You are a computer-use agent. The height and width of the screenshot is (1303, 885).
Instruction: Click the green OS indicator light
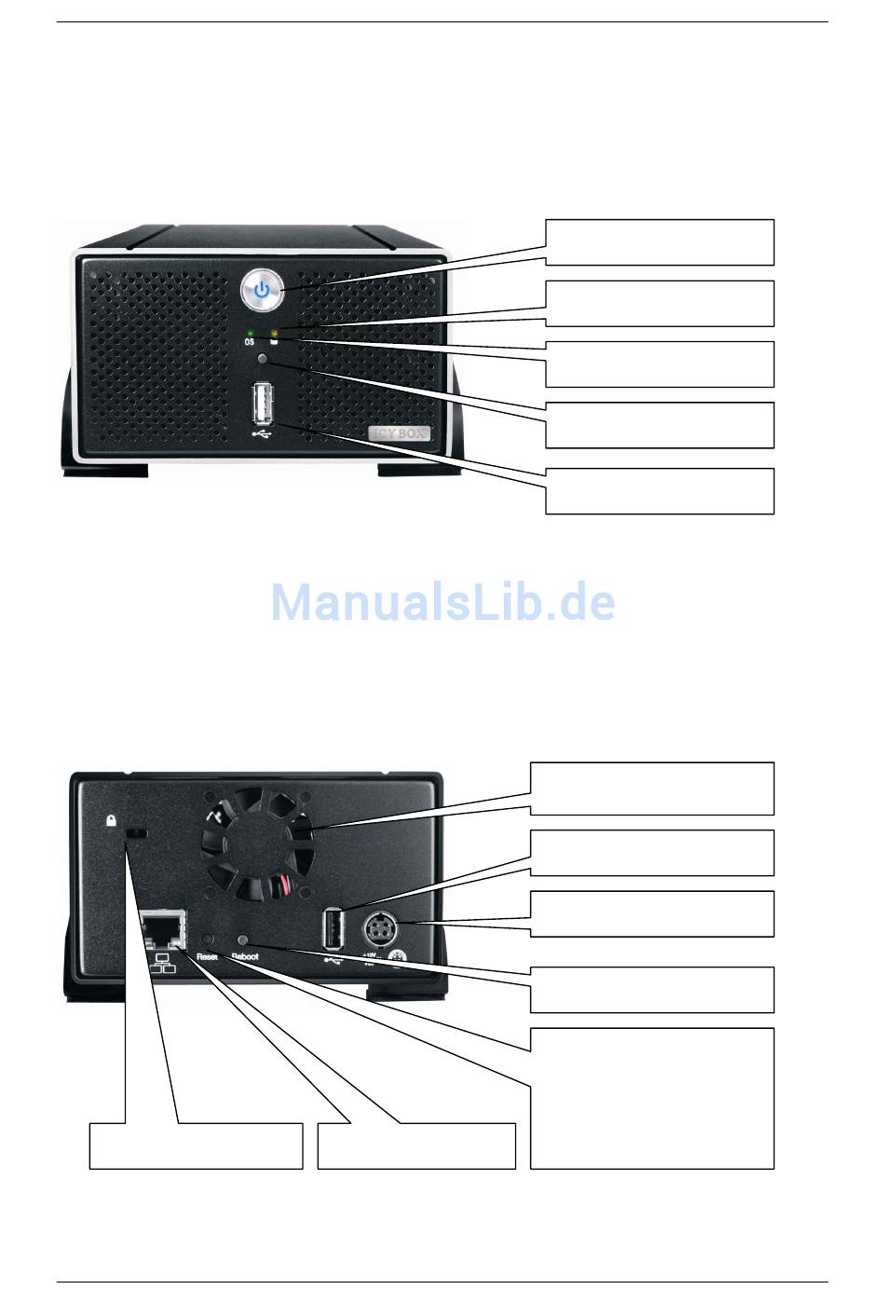click(x=251, y=332)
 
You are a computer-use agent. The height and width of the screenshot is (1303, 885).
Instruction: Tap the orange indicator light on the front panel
click(x=274, y=332)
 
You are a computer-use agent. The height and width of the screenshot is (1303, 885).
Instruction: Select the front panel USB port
click(x=262, y=404)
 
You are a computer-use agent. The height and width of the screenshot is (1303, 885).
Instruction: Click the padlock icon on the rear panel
click(x=111, y=820)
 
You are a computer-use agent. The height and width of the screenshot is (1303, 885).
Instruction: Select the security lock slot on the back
click(x=136, y=832)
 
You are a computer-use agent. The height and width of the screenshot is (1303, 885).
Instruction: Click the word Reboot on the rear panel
click(x=245, y=956)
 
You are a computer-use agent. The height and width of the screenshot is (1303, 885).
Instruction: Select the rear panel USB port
click(x=332, y=929)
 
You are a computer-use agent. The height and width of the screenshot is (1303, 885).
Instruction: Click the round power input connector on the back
click(x=380, y=926)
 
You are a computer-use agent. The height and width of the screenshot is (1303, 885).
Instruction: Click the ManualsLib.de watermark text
click(x=442, y=602)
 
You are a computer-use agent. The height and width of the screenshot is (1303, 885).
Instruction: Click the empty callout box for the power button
click(x=660, y=242)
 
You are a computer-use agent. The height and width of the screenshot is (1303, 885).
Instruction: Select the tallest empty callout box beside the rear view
click(x=652, y=1098)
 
